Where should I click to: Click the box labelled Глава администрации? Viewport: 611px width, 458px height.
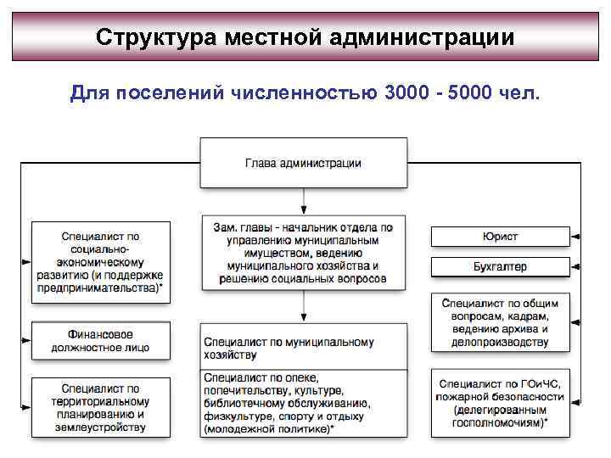pyautogui.click(x=303, y=163)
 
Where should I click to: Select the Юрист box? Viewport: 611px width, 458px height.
pyautogui.click(x=501, y=237)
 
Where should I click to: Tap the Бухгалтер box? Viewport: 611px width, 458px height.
pyautogui.click(x=501, y=266)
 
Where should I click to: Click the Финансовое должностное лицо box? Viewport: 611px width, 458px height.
pyautogui.click(x=100, y=341)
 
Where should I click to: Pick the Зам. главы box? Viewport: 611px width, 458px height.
pyautogui.click(x=303, y=254)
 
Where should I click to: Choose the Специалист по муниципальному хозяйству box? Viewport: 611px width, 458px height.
pyautogui.click(x=303, y=347)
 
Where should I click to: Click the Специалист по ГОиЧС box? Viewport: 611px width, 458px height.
pyautogui.click(x=501, y=403)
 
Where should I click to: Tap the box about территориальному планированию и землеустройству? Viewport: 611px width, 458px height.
pyautogui.click(x=100, y=408)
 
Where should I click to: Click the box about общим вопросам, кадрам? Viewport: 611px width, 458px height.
pyautogui.click(x=501, y=321)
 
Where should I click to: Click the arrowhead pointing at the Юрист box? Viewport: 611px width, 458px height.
pyautogui.click(x=576, y=237)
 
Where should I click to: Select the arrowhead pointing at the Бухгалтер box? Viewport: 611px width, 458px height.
pyautogui.click(x=576, y=266)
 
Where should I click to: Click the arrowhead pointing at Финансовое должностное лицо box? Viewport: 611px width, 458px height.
pyautogui.click(x=26, y=341)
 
